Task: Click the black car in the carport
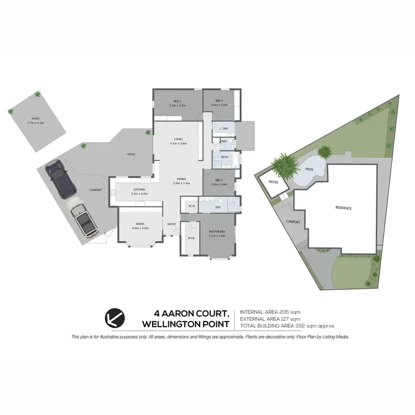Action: pos(61,179)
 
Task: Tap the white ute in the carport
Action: pos(84,219)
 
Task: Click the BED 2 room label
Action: pos(220,181)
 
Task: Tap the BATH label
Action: pos(225,157)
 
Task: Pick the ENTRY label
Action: pos(172,224)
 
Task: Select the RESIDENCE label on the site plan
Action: pos(344,208)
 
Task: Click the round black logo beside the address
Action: pos(115,318)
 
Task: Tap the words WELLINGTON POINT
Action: pos(190,323)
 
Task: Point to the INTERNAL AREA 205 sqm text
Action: pos(270,313)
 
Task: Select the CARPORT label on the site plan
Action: pos(293,221)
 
